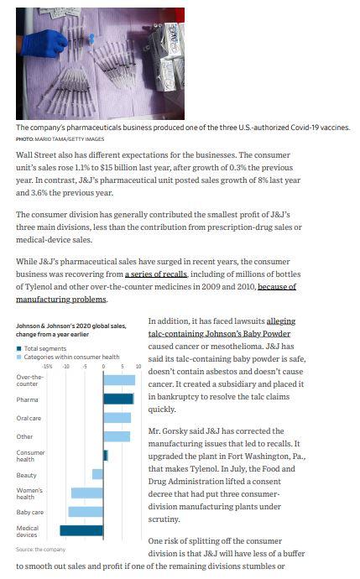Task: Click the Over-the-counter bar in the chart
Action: [118, 380]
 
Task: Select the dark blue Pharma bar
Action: [118, 399]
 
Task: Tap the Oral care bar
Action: [117, 418]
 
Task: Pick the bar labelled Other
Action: [116, 436]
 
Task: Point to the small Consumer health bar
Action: [106, 455]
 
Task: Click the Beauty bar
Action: [98, 474]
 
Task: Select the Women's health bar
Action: [87, 493]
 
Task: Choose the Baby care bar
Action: [86, 511]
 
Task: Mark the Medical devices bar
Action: [81, 529]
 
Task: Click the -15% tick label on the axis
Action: [47, 367]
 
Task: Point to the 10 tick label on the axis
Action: [138, 367]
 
